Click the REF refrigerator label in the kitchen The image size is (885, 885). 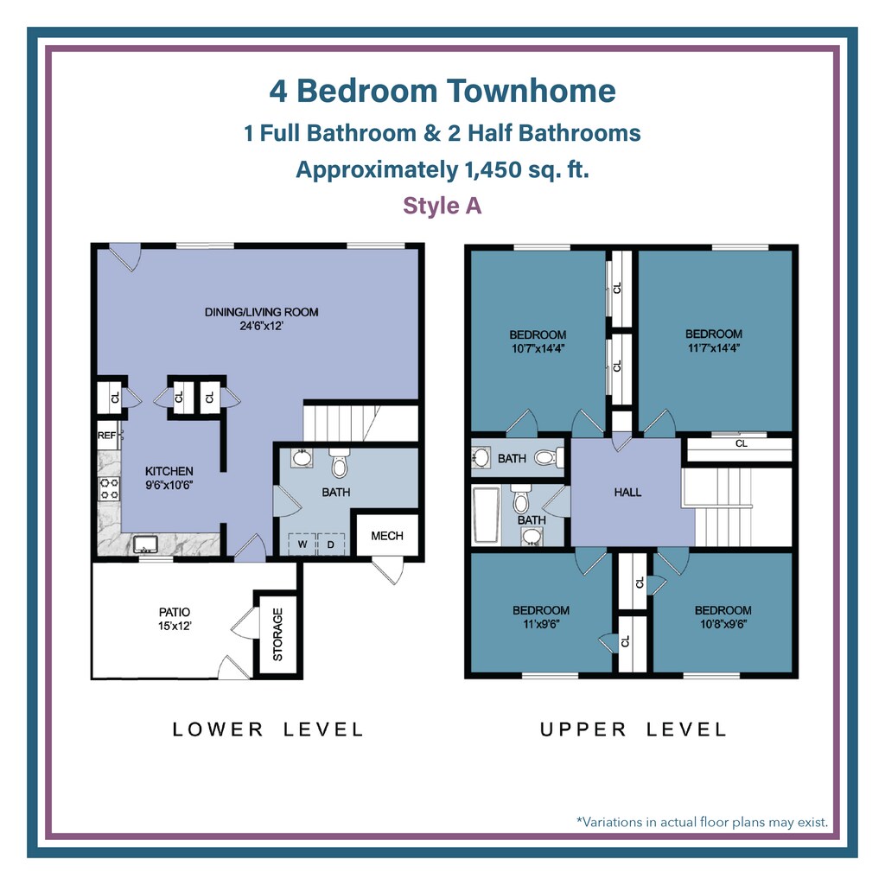pyautogui.click(x=106, y=436)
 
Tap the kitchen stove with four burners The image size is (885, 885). pyautogui.click(x=109, y=489)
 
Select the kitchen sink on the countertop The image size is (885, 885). pyautogui.click(x=145, y=544)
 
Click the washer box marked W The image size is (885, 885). pyautogui.click(x=302, y=544)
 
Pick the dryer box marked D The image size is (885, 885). pyautogui.click(x=331, y=544)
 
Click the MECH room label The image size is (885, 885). pyautogui.click(x=387, y=536)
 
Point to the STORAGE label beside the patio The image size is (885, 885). pyautogui.click(x=277, y=634)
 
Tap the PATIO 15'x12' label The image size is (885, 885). pyautogui.click(x=175, y=619)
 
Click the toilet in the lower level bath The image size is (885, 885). pyautogui.click(x=339, y=463)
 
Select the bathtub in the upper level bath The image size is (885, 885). pyautogui.click(x=486, y=515)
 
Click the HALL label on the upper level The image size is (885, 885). pyautogui.click(x=627, y=492)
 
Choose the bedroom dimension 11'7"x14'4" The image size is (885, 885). pyautogui.click(x=714, y=347)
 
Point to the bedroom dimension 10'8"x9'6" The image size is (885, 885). pyautogui.click(x=723, y=624)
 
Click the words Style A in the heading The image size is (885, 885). pyautogui.click(x=442, y=206)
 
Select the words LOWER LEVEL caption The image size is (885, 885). pyautogui.click(x=268, y=729)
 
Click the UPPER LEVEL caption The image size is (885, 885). pyautogui.click(x=634, y=729)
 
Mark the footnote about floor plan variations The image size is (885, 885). pyautogui.click(x=702, y=822)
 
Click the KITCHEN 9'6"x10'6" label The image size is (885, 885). pyautogui.click(x=169, y=477)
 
